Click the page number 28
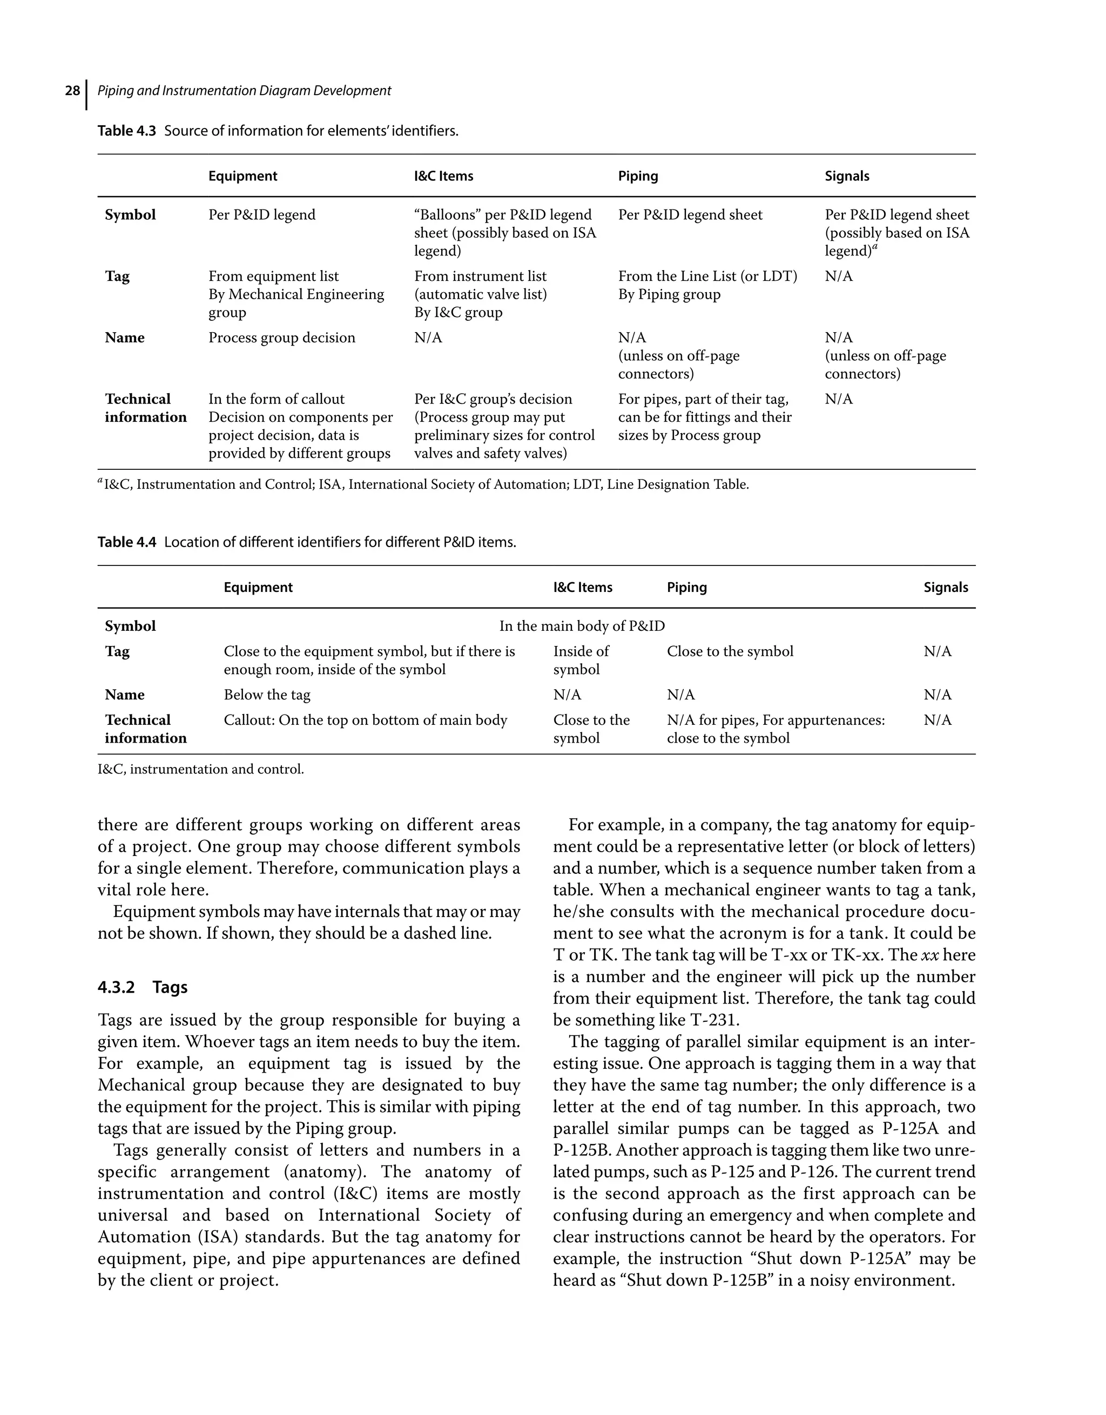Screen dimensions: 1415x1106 click(x=72, y=91)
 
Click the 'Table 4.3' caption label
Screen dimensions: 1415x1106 click(x=126, y=131)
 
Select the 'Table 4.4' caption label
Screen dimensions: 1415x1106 click(x=126, y=542)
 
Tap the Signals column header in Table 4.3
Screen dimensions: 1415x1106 click(x=846, y=176)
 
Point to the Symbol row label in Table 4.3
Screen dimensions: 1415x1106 click(x=130, y=215)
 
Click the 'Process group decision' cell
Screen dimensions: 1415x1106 click(x=281, y=338)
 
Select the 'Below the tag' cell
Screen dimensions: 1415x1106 click(x=266, y=695)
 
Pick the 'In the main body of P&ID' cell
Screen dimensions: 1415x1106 click(x=581, y=626)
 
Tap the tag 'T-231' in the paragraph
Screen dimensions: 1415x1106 click(x=713, y=1020)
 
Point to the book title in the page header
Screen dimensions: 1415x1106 click(x=244, y=91)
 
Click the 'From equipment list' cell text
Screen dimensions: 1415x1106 click(x=273, y=277)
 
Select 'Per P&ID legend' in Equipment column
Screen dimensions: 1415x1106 click(x=261, y=215)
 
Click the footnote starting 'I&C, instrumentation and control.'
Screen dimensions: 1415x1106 click(x=200, y=770)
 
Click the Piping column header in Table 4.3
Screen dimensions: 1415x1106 click(x=638, y=176)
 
